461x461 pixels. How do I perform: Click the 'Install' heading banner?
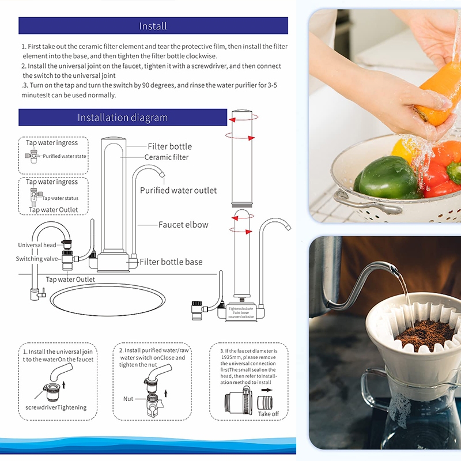coord(153,25)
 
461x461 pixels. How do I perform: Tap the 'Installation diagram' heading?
coord(123,118)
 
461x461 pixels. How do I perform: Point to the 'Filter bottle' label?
coord(169,146)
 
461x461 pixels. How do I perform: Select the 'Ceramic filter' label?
coord(167,157)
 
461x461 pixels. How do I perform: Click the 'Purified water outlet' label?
coord(178,191)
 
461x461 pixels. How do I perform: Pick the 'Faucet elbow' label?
coord(183,225)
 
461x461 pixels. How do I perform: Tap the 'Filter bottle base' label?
coord(171,262)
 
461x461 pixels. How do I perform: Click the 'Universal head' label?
coord(37,245)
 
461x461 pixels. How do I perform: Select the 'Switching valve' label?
coord(37,259)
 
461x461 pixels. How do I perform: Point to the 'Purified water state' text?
coord(65,156)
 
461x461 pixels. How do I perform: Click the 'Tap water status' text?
coord(61,198)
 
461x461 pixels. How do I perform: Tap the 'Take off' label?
coord(269,414)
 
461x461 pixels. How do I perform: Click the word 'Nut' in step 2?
coord(128,399)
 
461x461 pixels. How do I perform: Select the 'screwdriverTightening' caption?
coord(56,407)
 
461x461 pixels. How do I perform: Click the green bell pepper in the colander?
coord(387,177)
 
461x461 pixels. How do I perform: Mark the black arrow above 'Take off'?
coord(266,390)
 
